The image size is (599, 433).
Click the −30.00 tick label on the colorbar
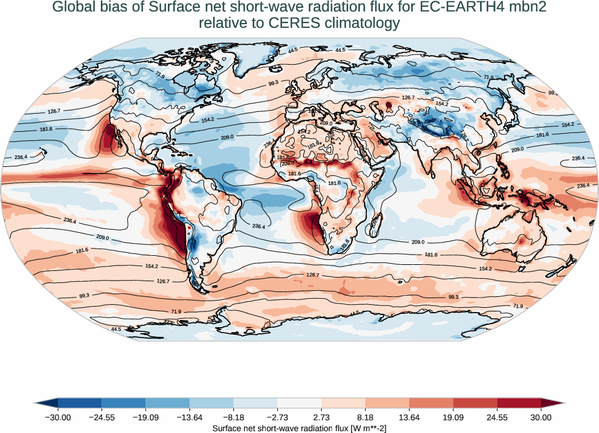58,417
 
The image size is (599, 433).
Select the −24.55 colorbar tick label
101,417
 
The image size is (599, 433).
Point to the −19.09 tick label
146,417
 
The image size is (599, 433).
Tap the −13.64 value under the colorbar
190,417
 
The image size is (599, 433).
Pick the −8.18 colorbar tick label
234,417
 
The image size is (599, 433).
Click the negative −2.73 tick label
277,417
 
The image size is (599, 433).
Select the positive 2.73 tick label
321,417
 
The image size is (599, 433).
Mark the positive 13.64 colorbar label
409,417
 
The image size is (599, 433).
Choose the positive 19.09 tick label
453,417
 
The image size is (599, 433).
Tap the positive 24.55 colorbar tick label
497,417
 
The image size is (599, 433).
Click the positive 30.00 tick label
541,417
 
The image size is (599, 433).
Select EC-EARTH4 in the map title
453,8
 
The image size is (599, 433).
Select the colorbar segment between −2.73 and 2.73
299,403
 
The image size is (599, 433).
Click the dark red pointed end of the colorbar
552,403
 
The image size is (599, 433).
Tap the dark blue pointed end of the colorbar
46,403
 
